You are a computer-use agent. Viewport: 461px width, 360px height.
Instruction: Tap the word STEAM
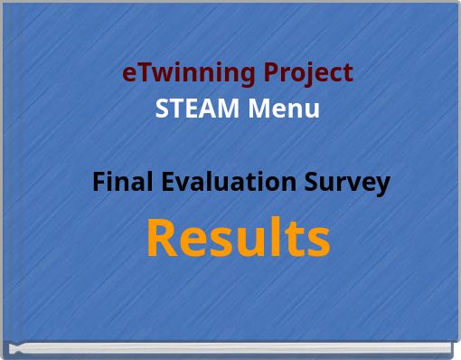point(186,109)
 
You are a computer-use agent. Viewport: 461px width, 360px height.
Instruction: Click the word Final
point(123,182)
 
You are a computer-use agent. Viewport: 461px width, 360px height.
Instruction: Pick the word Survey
point(347,183)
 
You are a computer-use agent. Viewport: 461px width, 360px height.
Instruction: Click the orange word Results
point(238,238)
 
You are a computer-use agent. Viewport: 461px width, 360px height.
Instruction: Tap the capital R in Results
point(161,238)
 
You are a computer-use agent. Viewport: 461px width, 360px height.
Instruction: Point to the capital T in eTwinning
point(139,71)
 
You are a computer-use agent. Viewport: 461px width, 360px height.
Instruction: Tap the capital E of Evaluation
point(169,182)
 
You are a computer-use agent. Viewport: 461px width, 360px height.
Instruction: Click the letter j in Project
point(305,74)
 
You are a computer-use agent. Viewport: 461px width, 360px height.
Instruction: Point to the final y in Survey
point(383,185)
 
